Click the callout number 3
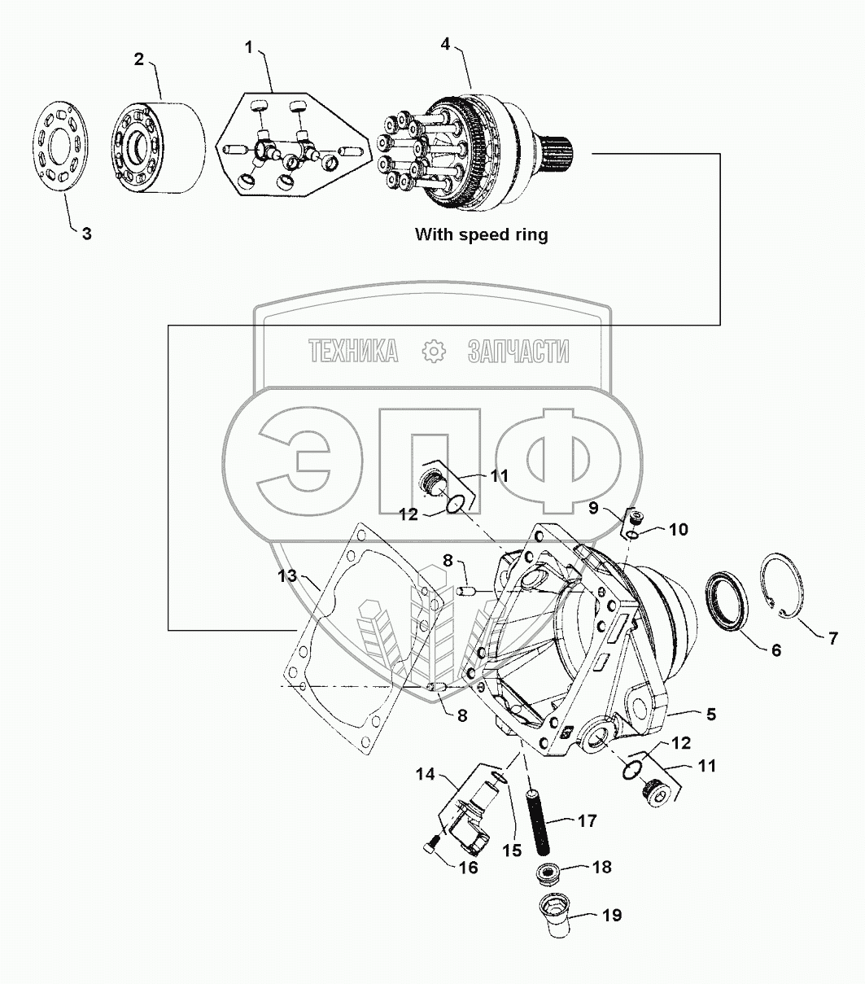[x=85, y=234]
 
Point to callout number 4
[x=445, y=43]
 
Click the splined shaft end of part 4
[x=558, y=151]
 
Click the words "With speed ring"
[x=482, y=234]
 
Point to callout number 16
[x=467, y=867]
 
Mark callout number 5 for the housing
[x=711, y=715]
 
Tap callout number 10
[x=679, y=530]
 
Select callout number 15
[x=513, y=851]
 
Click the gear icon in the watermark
[x=435, y=351]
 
